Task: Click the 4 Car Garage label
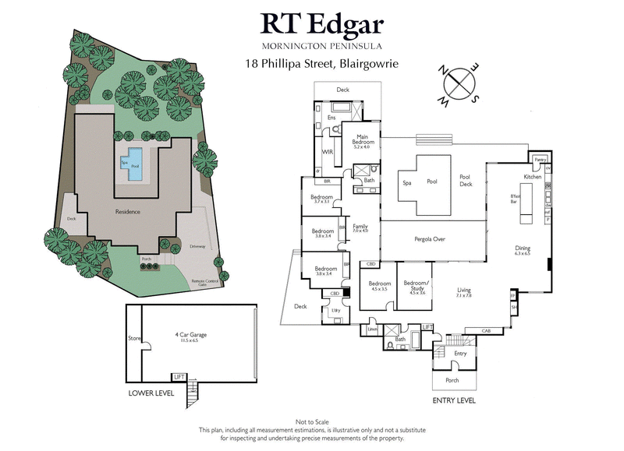click(x=190, y=336)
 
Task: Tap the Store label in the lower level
click(x=133, y=338)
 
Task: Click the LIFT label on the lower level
click(x=180, y=376)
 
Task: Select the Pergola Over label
click(x=429, y=239)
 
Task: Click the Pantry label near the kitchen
click(x=539, y=160)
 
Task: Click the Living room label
click(x=463, y=292)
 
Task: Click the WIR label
click(x=328, y=152)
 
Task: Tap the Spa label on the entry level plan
click(x=406, y=183)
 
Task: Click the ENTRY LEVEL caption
click(x=453, y=400)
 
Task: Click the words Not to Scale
click(x=311, y=421)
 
